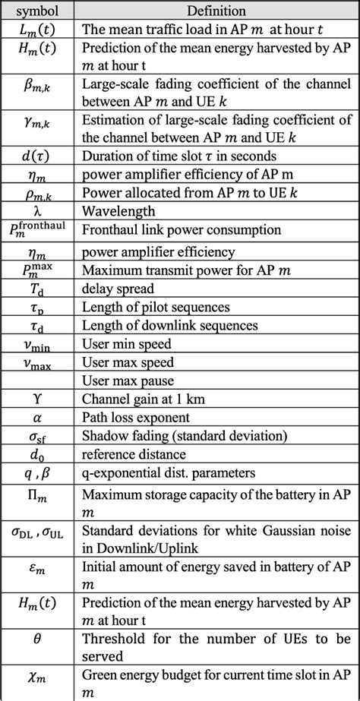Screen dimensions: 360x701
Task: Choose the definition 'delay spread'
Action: pos(118,288)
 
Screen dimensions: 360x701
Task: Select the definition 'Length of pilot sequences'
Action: pos(156,306)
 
